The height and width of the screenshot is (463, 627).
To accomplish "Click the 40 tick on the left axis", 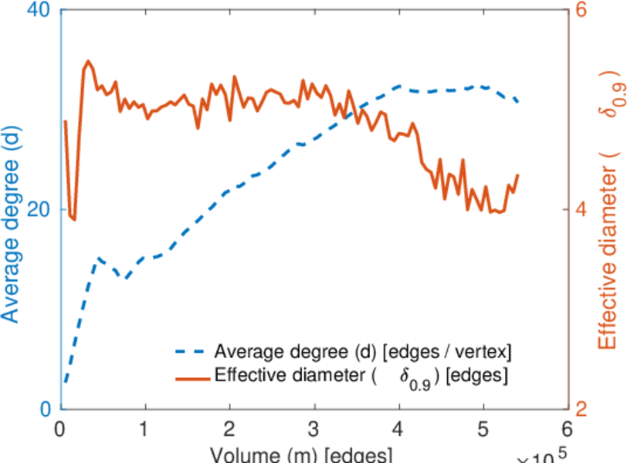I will (39, 12).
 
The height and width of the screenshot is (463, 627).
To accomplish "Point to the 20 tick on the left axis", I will (39, 210).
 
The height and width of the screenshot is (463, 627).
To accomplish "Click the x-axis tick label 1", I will (144, 429).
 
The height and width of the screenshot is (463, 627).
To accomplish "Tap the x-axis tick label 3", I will (313, 429).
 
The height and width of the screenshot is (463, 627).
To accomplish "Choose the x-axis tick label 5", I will (483, 429).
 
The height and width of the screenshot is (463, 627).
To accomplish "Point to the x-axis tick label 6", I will (568, 429).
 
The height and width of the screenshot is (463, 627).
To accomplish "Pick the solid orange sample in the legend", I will (191, 377).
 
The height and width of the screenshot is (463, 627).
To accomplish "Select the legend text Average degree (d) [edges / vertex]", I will (363, 352).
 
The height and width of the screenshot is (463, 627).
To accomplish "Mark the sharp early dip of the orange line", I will (73, 219).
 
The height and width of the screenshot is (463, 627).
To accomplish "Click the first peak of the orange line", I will (88, 61).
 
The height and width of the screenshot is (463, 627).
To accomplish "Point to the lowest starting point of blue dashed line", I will (66, 381).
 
